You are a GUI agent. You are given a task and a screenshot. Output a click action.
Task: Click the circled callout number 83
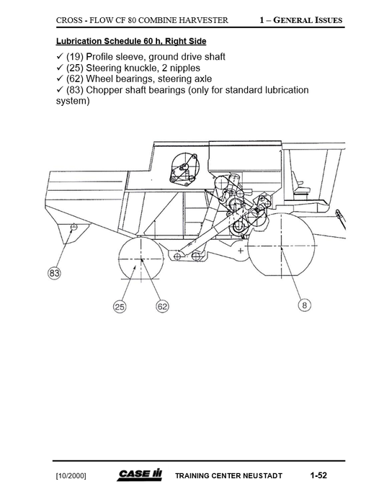click(54, 273)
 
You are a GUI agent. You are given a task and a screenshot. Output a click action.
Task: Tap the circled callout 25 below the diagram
click(120, 307)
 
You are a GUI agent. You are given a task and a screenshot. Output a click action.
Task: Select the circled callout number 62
click(163, 307)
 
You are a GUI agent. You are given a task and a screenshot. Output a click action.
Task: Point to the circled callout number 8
click(305, 305)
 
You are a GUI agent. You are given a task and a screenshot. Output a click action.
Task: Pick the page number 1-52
click(318, 475)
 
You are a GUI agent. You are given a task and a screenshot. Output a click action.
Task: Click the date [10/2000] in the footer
click(71, 476)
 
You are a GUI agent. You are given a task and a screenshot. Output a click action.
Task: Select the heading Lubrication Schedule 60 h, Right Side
click(131, 41)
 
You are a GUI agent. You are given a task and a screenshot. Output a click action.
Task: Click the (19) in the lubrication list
click(74, 56)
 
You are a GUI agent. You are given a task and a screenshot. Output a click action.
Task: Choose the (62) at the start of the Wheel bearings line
click(74, 79)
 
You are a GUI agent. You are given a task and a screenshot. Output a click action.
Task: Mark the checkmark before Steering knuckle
click(60, 68)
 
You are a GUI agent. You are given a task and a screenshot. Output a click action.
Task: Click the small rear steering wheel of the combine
click(142, 259)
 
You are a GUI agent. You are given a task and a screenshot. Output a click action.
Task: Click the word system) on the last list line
click(73, 102)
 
